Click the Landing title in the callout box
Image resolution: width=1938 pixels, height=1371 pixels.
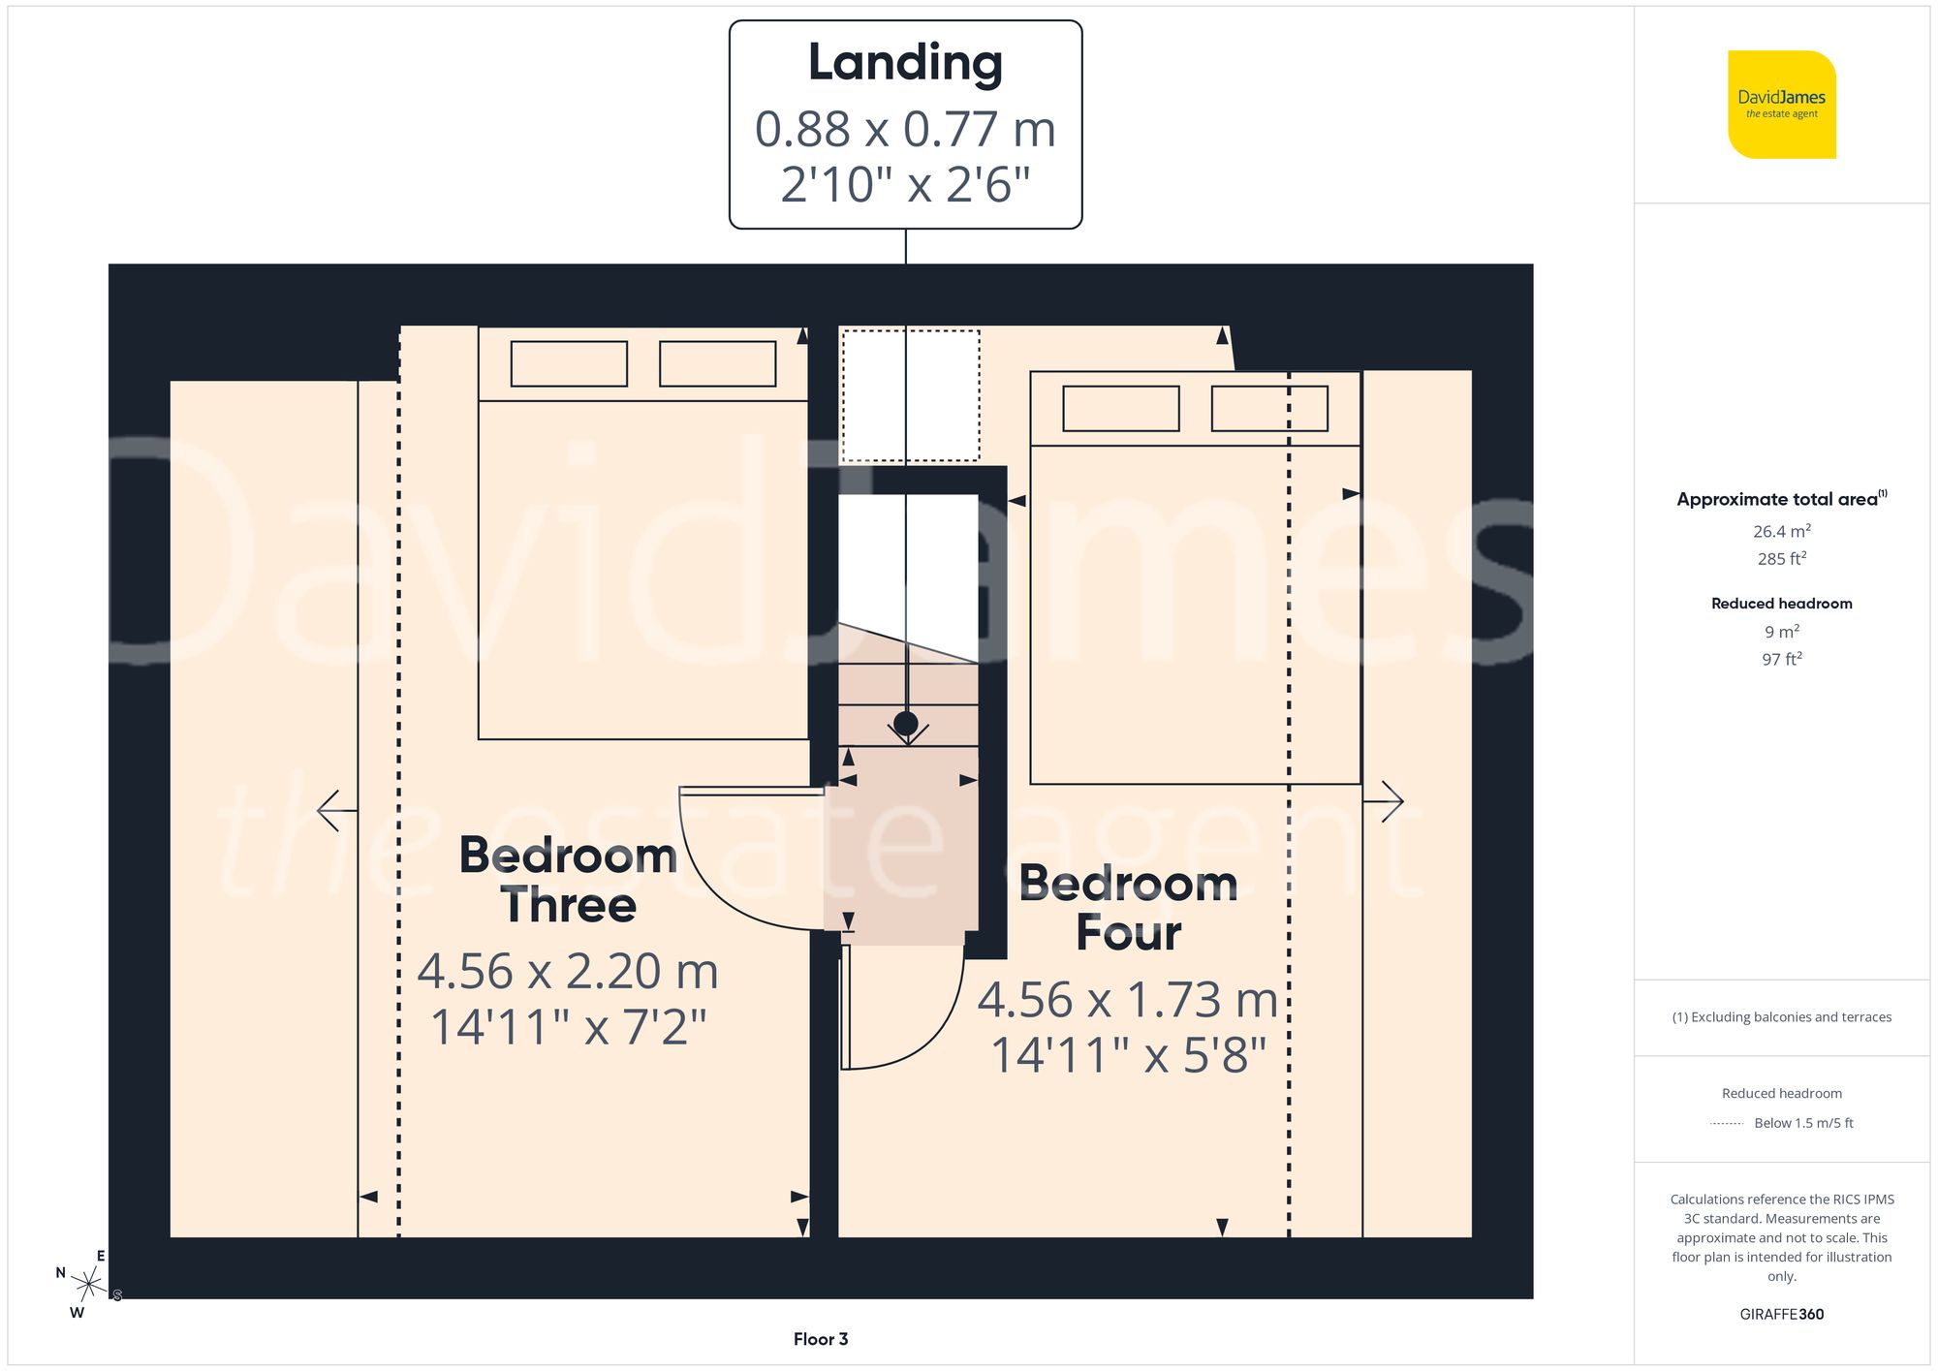pyautogui.click(x=905, y=63)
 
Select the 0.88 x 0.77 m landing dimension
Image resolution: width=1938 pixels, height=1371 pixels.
pyautogui.click(x=905, y=130)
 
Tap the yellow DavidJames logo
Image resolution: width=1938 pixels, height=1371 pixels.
pyautogui.click(x=1781, y=105)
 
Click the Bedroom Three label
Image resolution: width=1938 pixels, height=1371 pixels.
pyautogui.click(x=568, y=880)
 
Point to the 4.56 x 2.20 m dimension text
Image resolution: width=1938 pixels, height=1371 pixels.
pyautogui.click(x=568, y=972)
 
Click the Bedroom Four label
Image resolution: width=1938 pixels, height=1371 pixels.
pyautogui.click(x=1128, y=908)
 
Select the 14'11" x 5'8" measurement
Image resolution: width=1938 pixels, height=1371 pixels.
pyautogui.click(x=1128, y=1056)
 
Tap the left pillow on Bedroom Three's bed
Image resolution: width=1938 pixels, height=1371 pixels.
pyautogui.click(x=569, y=364)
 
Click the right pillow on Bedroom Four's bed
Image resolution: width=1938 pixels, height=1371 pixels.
pyautogui.click(x=1268, y=409)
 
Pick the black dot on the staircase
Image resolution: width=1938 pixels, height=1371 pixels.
pyautogui.click(x=906, y=723)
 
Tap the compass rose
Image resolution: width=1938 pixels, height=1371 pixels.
pyautogui.click(x=88, y=1285)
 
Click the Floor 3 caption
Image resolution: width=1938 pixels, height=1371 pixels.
pyautogui.click(x=820, y=1339)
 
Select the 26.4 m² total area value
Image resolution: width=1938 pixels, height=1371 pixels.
pyautogui.click(x=1781, y=531)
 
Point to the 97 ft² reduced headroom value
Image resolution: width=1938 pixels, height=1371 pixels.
pyautogui.click(x=1781, y=659)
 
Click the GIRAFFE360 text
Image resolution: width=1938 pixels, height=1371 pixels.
pyautogui.click(x=1781, y=1315)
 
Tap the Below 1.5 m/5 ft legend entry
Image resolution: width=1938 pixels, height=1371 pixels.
pyautogui.click(x=1802, y=1123)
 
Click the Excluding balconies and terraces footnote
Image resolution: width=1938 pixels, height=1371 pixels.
pyautogui.click(x=1781, y=1017)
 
